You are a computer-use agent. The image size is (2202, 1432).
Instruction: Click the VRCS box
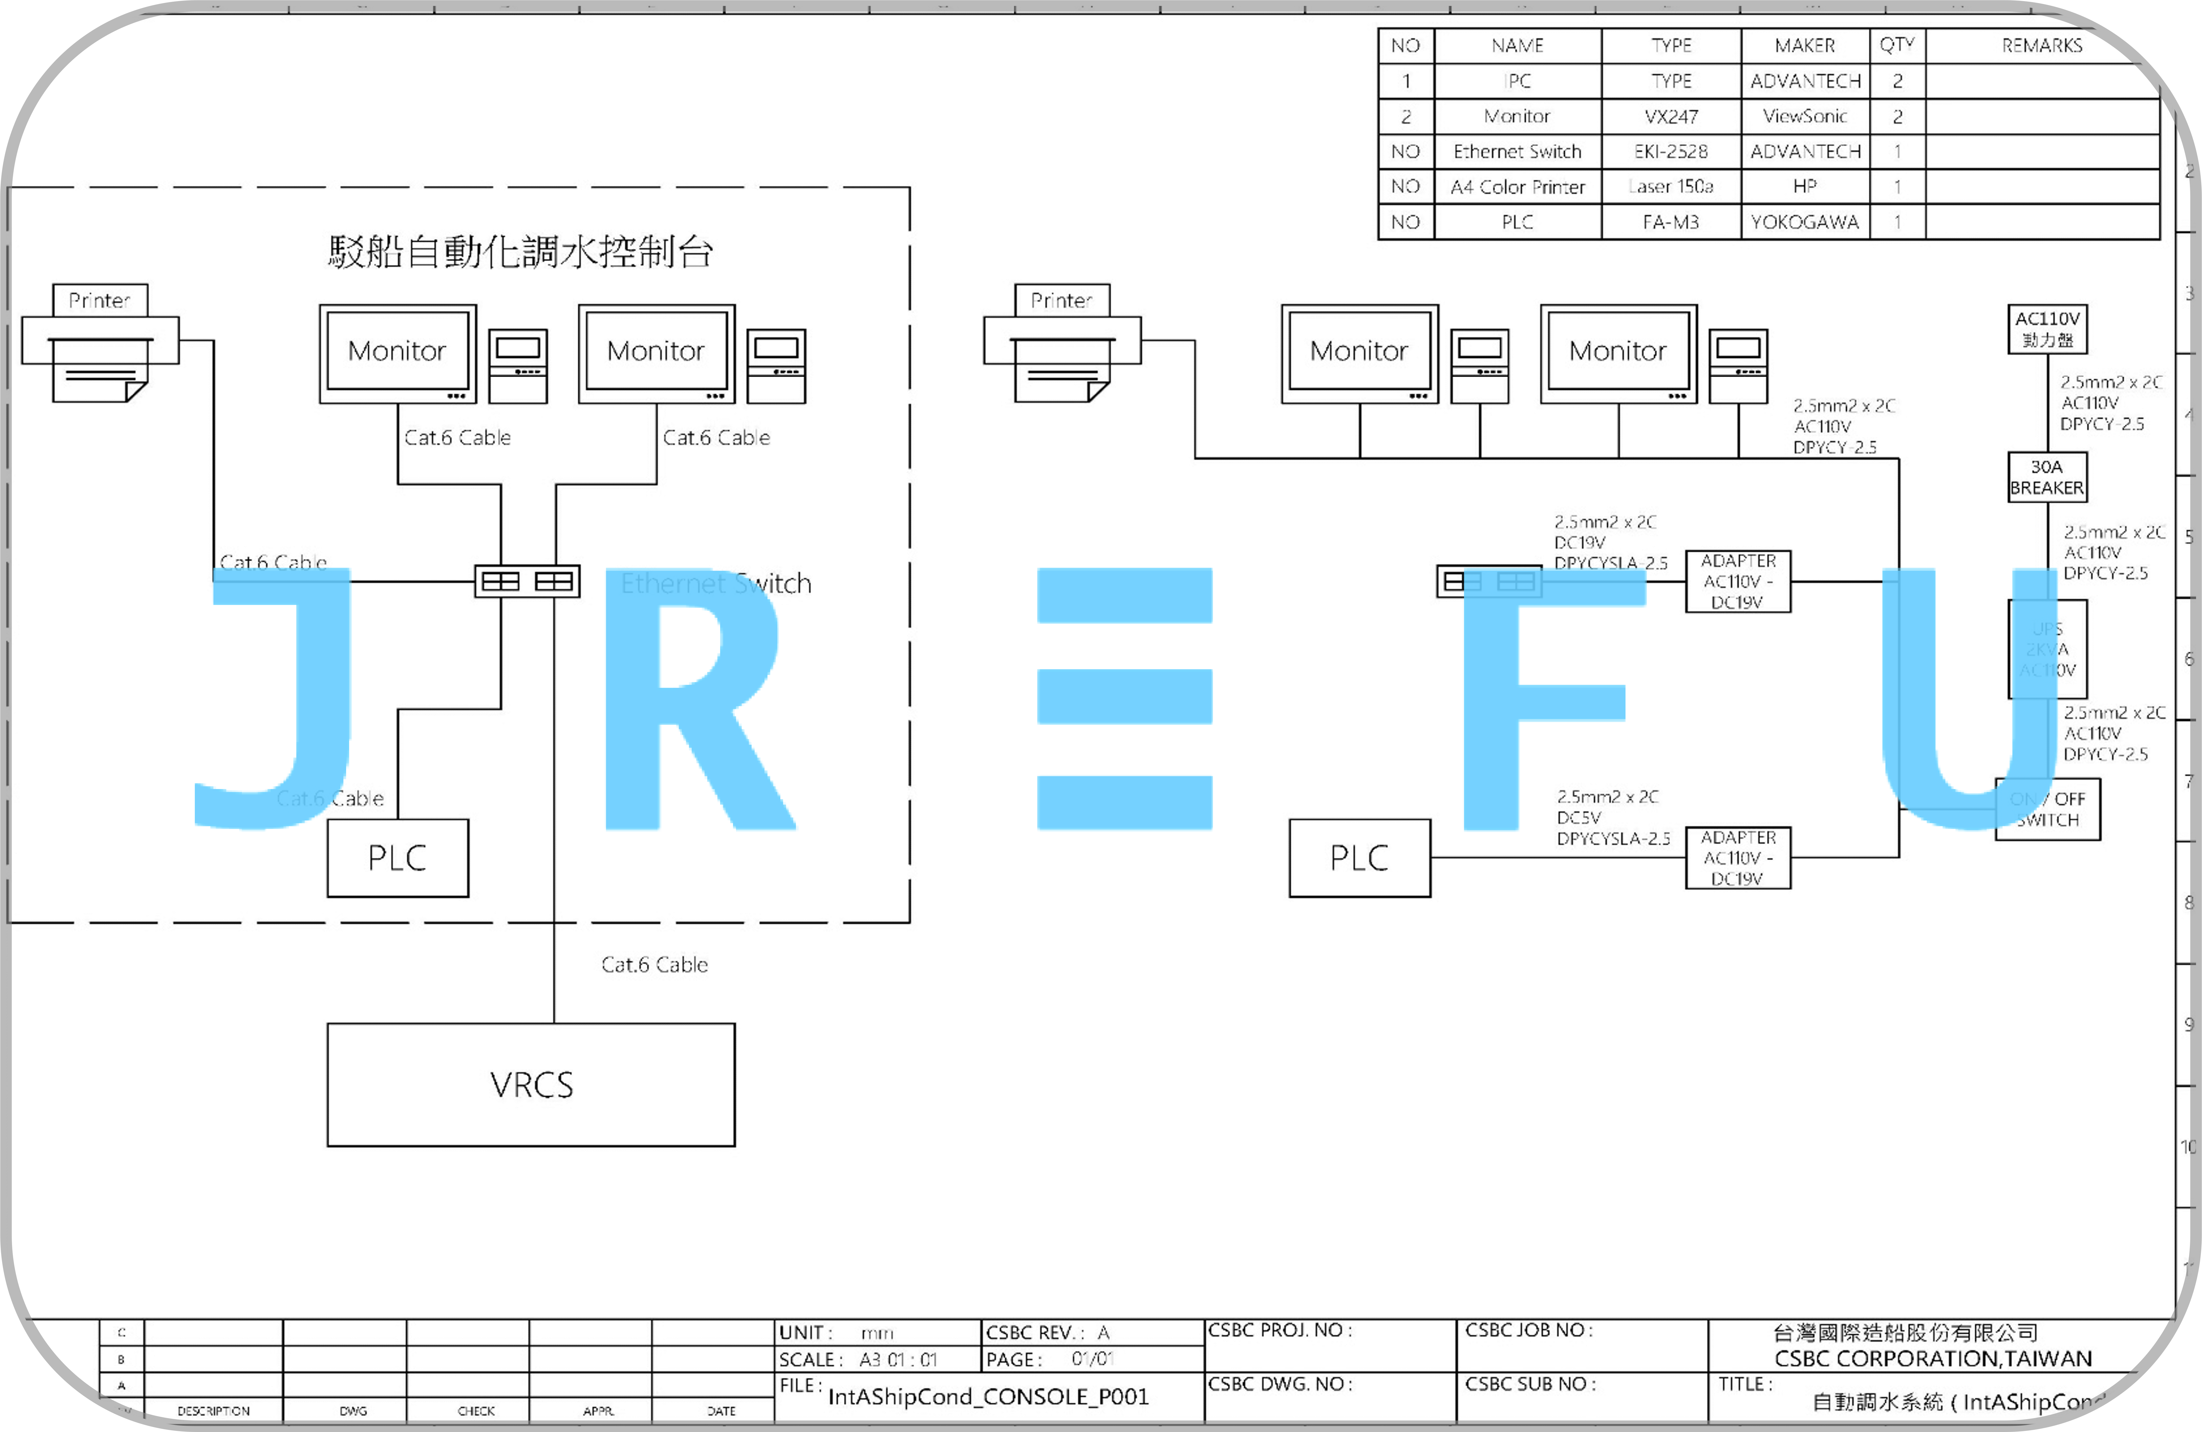(x=531, y=1084)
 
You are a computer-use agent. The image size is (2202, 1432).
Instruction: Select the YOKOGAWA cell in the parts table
(x=1804, y=222)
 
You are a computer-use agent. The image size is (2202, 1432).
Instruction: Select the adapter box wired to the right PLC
(x=1737, y=858)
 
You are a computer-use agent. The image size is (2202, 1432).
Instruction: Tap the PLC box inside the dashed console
(x=398, y=858)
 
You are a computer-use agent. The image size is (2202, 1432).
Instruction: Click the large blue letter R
(x=694, y=703)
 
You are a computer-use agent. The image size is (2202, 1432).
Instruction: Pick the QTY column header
(x=1897, y=45)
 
